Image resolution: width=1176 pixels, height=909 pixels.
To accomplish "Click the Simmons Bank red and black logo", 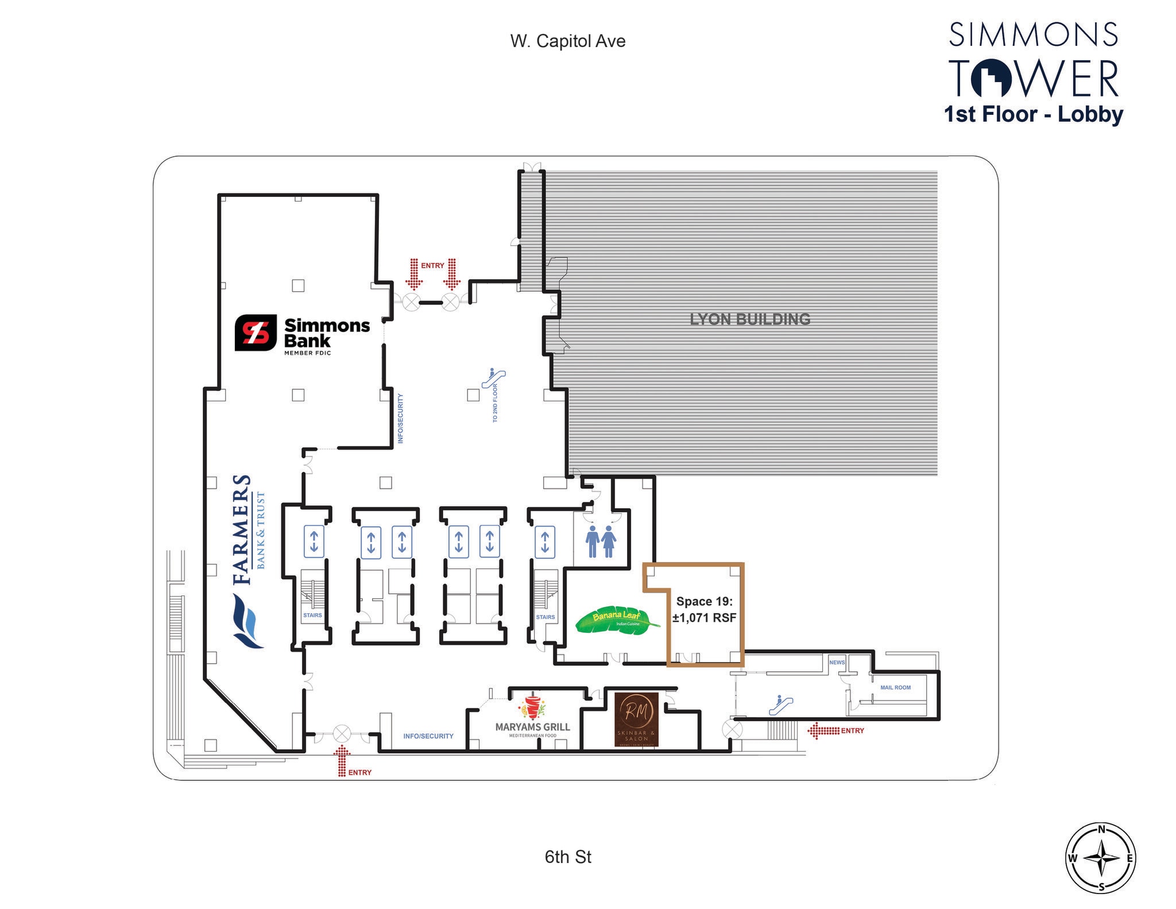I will [x=255, y=332].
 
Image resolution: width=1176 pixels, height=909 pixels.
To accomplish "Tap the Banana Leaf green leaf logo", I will [x=617, y=622].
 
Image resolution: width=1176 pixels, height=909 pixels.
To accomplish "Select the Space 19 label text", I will [x=705, y=601].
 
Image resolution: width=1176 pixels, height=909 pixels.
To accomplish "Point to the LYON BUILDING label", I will [x=750, y=319].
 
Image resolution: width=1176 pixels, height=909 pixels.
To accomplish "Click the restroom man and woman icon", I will [x=601, y=542].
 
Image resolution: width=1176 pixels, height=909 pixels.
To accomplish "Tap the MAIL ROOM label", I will [x=895, y=687].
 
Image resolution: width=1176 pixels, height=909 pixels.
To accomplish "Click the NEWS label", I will [x=837, y=662].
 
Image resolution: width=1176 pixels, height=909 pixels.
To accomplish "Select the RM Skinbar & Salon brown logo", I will [x=636, y=720].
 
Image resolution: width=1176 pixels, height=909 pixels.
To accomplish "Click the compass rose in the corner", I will [x=1101, y=858].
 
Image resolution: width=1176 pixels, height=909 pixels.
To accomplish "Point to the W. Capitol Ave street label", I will [x=567, y=41].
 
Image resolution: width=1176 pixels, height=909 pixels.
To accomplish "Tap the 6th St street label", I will [x=568, y=857].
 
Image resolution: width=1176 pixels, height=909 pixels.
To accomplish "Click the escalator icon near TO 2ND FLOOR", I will [x=493, y=378].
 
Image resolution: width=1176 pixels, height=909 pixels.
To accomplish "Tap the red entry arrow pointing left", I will [x=823, y=730].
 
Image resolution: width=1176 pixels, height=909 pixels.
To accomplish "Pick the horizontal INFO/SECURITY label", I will [x=428, y=736].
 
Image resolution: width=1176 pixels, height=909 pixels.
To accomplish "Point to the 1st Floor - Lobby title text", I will [x=1034, y=114].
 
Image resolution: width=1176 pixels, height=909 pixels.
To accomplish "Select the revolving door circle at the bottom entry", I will [x=342, y=733].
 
